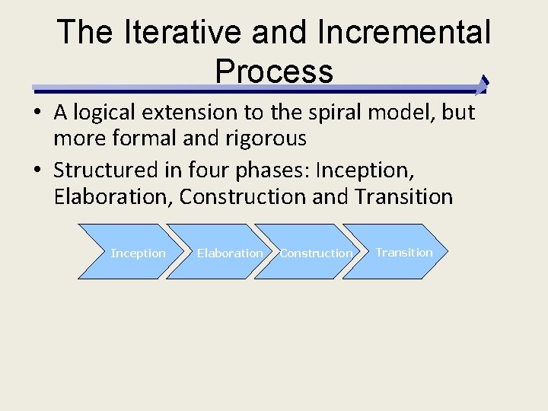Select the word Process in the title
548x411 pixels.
click(x=274, y=71)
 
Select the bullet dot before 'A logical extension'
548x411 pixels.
click(x=37, y=113)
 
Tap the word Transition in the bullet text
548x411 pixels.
click(x=403, y=196)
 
